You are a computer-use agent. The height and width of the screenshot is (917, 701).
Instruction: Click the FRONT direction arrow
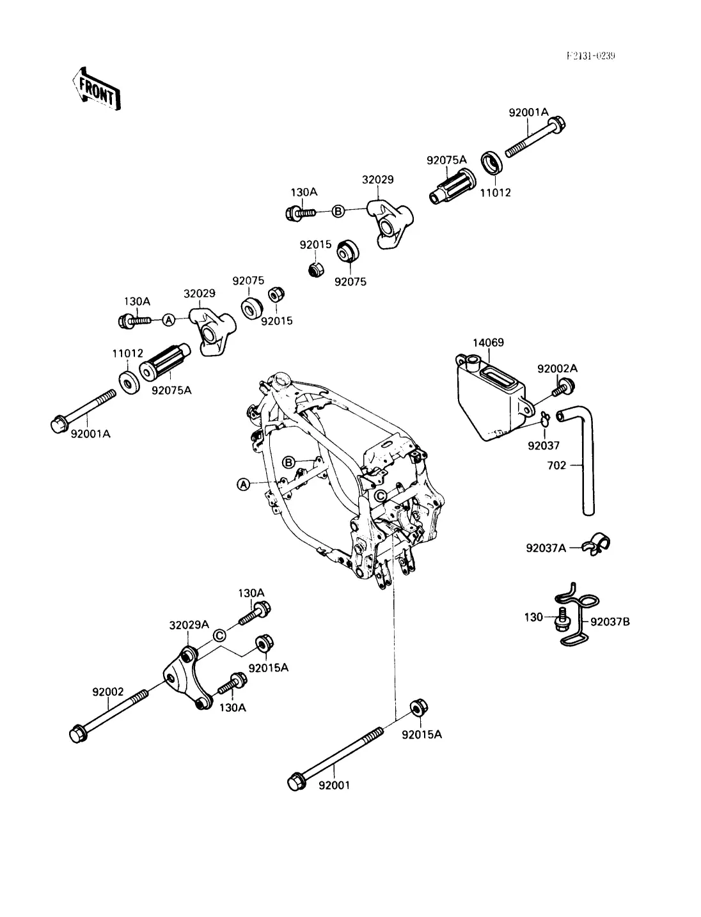[97, 88]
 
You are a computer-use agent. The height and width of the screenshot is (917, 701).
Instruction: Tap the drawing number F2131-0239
[590, 56]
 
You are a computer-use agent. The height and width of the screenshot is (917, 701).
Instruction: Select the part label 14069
[488, 343]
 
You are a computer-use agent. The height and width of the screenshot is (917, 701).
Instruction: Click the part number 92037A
[546, 548]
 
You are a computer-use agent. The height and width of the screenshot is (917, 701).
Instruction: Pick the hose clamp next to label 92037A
[597, 543]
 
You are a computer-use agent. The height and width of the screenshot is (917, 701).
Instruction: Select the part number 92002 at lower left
[107, 691]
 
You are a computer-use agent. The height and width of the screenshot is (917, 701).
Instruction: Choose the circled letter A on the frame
[243, 485]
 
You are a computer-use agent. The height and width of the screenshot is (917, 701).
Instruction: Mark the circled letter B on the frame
[288, 462]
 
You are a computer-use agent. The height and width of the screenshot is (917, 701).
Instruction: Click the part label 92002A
[557, 369]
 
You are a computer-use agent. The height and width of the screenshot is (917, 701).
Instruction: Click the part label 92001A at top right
[528, 112]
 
